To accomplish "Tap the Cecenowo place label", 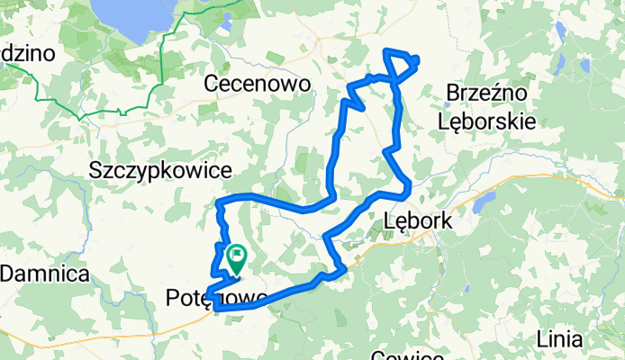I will [x=258, y=84].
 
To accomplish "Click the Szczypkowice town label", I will [x=161, y=169].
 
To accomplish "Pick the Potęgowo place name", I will [x=216, y=298].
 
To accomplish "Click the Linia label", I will [x=558, y=339].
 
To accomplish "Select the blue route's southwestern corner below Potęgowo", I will [x=217, y=308].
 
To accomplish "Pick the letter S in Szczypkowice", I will [x=96, y=169].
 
